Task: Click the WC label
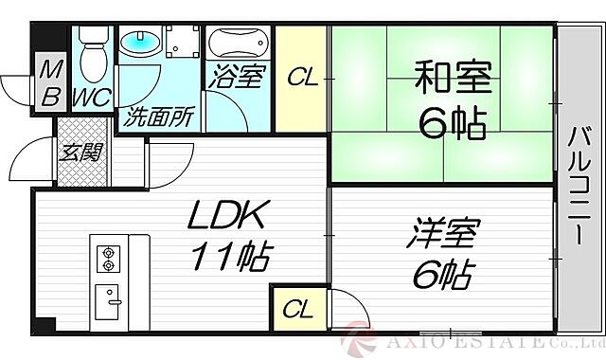[x=93, y=97]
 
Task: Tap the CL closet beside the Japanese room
[x=302, y=78]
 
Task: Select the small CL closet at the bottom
[x=298, y=309]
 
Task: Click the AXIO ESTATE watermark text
[x=492, y=338]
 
